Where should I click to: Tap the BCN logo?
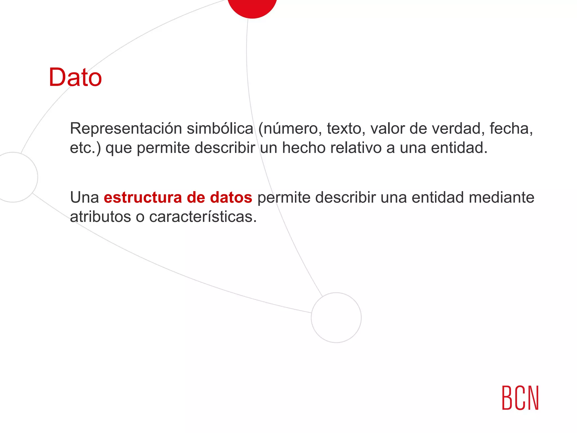pos(520,397)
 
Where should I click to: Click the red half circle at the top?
pos(252,7)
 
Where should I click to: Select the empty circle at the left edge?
pos(14,177)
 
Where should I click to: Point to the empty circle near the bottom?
pos(336,317)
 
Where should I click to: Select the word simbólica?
pos(220,129)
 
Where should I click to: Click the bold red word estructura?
pos(143,197)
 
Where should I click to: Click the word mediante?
pos(501,197)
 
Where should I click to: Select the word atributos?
pos(100,217)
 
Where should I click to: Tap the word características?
pos(203,217)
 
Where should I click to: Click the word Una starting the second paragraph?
pos(84,197)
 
